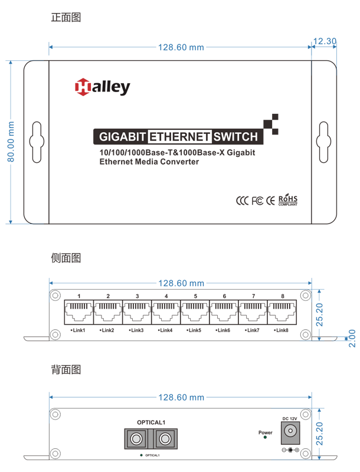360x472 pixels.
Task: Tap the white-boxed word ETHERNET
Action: pos(179,137)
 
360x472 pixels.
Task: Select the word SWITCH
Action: pos(236,137)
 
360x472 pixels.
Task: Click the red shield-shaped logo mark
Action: pos(77,91)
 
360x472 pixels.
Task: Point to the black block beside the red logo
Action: pos(121,91)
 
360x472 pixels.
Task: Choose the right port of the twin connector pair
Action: pos(163,438)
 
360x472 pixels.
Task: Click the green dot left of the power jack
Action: pos(266,437)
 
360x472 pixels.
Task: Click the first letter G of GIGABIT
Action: pos(103,137)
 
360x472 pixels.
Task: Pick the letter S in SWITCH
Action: pos(218,137)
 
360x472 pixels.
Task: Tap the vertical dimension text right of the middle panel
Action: pos(316,316)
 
